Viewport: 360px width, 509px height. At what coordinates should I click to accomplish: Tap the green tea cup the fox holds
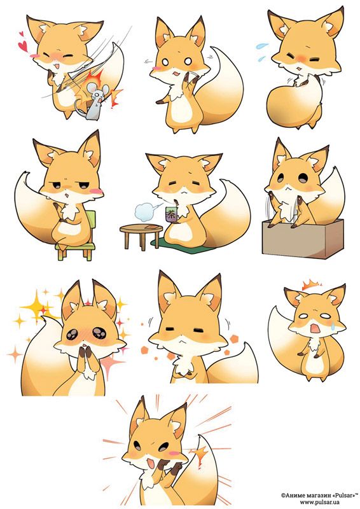click(170, 214)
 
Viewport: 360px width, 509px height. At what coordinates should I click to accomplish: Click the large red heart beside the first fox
click(23, 46)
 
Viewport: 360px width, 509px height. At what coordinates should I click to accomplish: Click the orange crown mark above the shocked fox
click(310, 285)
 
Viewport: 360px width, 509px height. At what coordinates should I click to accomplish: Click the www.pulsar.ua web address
click(319, 502)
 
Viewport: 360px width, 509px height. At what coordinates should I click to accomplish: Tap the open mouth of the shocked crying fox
click(315, 329)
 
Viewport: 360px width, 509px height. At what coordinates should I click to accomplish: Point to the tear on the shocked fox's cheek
click(333, 326)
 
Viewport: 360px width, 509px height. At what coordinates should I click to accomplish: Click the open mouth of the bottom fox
click(151, 463)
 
